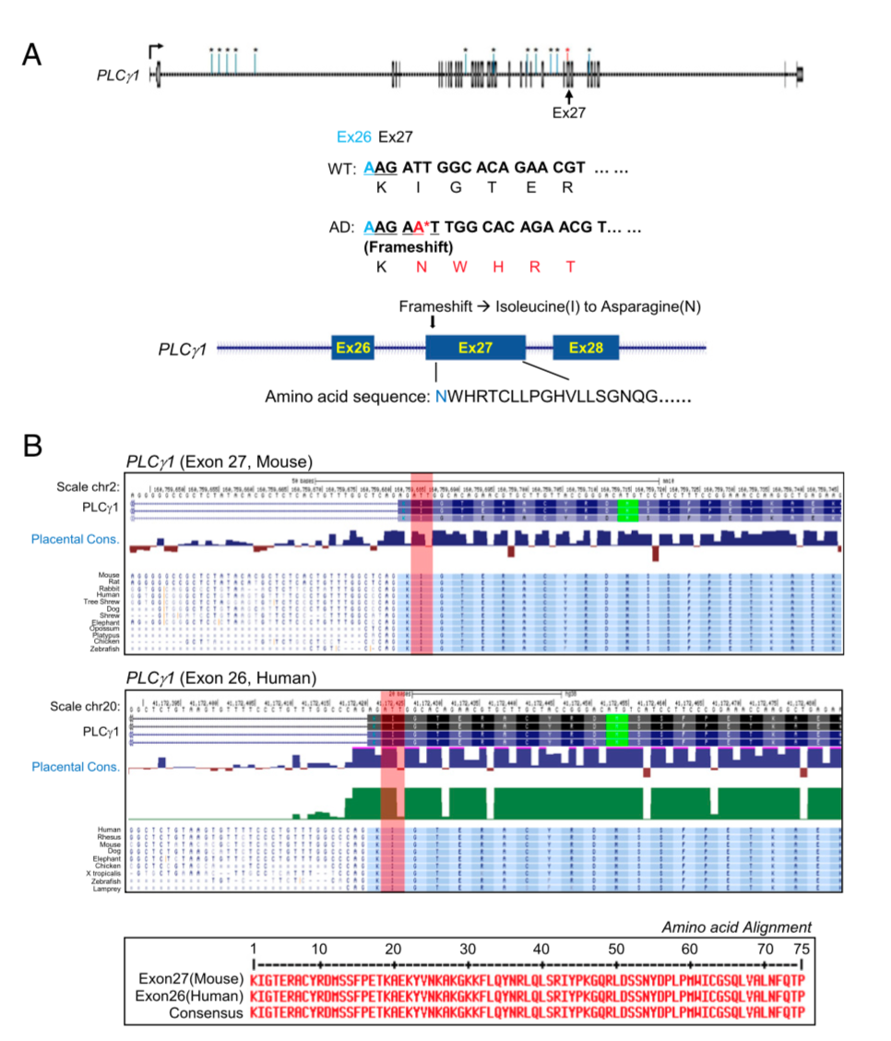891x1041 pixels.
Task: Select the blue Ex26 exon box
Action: [353, 348]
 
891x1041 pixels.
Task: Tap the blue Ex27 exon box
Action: [475, 348]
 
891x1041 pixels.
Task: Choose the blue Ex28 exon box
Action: [586, 348]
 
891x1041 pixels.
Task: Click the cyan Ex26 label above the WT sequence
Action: [353, 137]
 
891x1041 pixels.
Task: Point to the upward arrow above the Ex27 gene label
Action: [569, 95]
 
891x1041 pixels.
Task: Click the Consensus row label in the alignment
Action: [205, 1012]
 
